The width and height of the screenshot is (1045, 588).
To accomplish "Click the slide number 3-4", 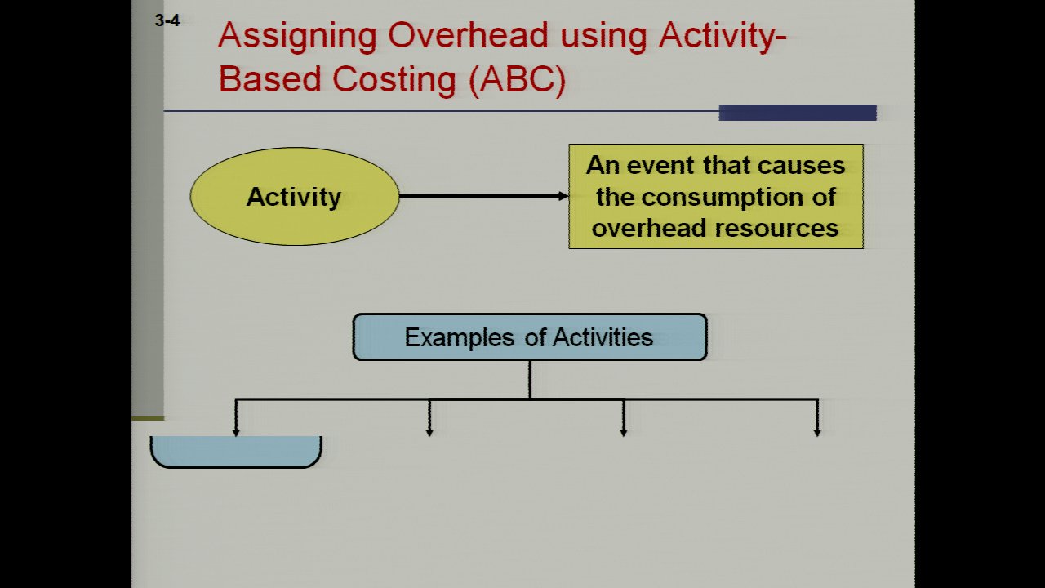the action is [167, 20].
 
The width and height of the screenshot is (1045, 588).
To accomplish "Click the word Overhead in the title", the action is [468, 35].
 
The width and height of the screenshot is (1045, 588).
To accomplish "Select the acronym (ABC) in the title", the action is [517, 80].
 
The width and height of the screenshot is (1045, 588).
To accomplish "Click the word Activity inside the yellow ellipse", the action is [294, 197].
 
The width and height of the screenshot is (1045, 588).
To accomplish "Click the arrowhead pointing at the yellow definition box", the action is [563, 196].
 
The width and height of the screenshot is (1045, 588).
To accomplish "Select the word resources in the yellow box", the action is [776, 229].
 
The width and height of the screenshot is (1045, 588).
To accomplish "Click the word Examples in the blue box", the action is [459, 338].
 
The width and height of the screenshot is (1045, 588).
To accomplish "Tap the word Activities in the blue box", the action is [603, 337].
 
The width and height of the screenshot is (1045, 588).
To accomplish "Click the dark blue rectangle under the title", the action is [798, 113].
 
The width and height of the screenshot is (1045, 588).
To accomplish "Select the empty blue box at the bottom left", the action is [236, 452].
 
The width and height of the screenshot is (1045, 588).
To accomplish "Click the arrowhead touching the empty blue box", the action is [236, 433].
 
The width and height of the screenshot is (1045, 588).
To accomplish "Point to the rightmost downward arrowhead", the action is [817, 433].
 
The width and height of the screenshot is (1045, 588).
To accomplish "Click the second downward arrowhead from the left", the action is [429, 433].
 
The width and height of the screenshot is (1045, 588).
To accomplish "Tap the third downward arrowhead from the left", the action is [624, 433].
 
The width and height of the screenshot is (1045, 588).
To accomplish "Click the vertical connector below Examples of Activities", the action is [530, 380].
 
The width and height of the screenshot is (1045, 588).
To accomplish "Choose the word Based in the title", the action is [270, 80].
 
